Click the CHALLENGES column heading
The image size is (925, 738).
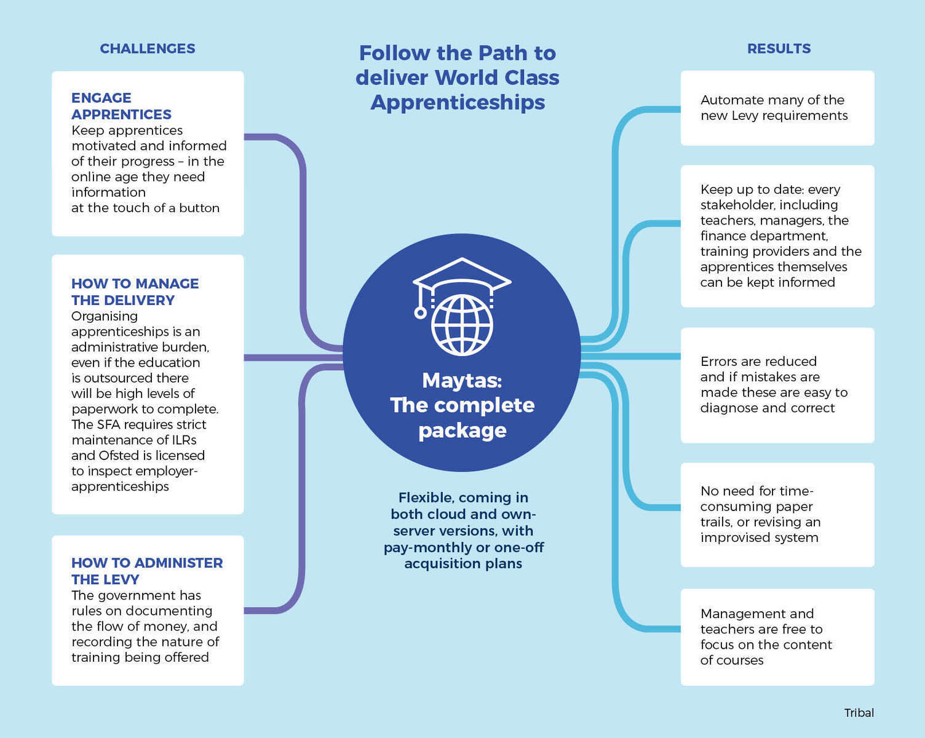coord(148,49)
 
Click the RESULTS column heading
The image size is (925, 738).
coord(779,49)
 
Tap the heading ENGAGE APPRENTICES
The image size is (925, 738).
coord(121,106)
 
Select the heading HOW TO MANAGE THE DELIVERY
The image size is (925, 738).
coord(135,292)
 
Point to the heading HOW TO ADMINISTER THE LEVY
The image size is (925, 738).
coord(147,571)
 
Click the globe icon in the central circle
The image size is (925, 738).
coord(462,325)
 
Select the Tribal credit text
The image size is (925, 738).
coord(859,713)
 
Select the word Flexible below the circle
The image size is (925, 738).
coord(426,498)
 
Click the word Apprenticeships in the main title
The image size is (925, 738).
coord(458,103)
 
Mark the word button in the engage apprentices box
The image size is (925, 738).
coord(199,208)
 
